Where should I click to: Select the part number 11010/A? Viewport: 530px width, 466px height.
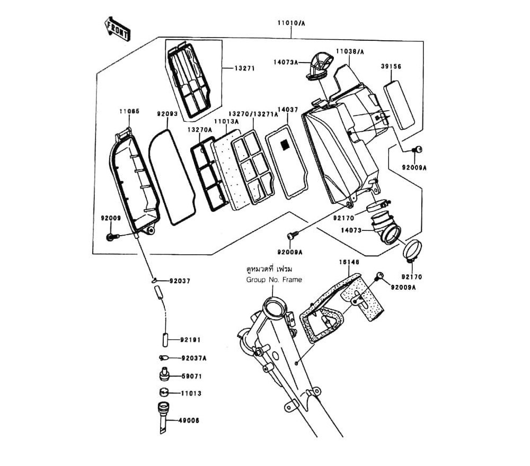coord(291,23)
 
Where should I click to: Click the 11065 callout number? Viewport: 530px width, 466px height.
coord(129,112)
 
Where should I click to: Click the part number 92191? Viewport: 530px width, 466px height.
coord(190,339)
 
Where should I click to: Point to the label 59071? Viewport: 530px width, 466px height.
coord(191,377)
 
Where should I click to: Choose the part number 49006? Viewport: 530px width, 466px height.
coord(190,420)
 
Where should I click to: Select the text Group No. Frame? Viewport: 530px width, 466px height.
coord(273,280)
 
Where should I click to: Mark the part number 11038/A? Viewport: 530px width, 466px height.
coord(349,52)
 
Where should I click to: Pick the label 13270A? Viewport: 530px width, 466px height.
coord(199,130)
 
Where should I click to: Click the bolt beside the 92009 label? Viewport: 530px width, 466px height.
coord(111,237)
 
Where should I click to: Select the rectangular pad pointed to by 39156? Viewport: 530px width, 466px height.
coord(399,104)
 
